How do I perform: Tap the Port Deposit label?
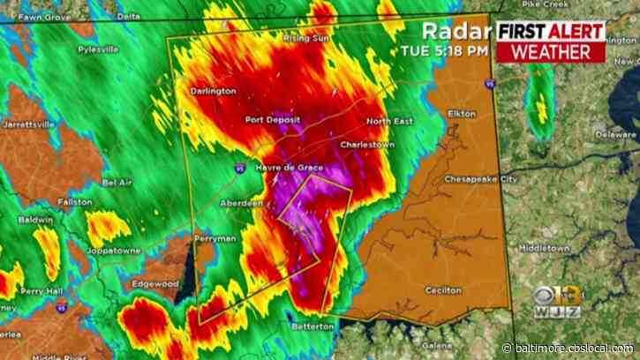273,120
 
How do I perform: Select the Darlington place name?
213,91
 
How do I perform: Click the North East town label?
389,121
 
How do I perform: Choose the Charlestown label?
364,143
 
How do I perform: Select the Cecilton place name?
442,289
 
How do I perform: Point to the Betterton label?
313,326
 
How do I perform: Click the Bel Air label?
117,183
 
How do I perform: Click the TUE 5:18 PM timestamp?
449,51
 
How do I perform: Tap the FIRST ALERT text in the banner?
551,31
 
